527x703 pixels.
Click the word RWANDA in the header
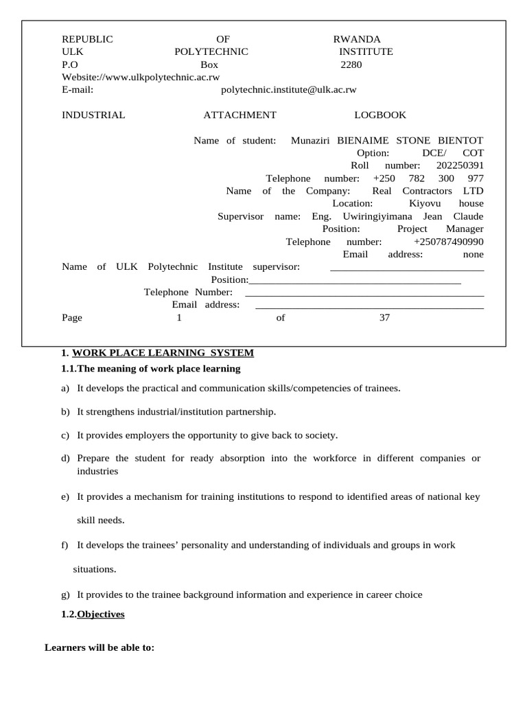click(357, 39)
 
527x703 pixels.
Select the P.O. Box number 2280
click(351, 65)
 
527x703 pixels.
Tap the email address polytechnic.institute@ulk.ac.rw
click(289, 89)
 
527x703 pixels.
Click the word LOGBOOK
click(380, 115)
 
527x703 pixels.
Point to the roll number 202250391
click(460, 165)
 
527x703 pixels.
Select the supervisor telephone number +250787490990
click(449, 242)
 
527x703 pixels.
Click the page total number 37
click(384, 318)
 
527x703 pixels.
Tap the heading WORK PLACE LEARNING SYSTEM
click(163, 353)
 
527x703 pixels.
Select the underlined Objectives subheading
click(101, 614)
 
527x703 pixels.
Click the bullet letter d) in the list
click(65, 458)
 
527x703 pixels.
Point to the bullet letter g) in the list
click(65, 595)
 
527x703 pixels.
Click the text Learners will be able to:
click(99, 647)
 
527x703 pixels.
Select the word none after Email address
click(473, 254)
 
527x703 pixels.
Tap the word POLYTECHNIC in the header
click(211, 51)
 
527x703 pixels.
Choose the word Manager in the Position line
click(465, 229)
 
